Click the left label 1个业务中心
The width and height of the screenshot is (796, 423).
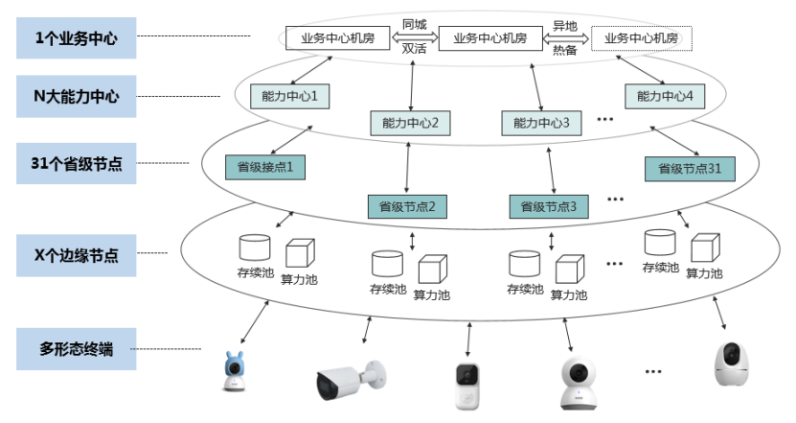(x=77, y=39)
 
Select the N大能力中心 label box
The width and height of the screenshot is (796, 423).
(x=77, y=96)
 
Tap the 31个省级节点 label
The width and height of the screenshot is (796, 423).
(x=77, y=163)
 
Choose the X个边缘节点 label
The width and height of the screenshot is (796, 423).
(x=77, y=255)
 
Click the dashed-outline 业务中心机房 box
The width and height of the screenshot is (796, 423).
(x=641, y=39)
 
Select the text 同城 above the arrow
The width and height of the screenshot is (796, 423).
(x=414, y=24)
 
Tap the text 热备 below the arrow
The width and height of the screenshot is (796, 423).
(x=565, y=52)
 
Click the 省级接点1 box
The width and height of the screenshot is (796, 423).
(x=264, y=167)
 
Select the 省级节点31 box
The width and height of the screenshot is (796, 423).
(x=690, y=169)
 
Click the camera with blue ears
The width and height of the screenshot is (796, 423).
(x=233, y=372)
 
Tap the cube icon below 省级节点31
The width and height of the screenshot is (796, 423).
(x=703, y=248)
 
